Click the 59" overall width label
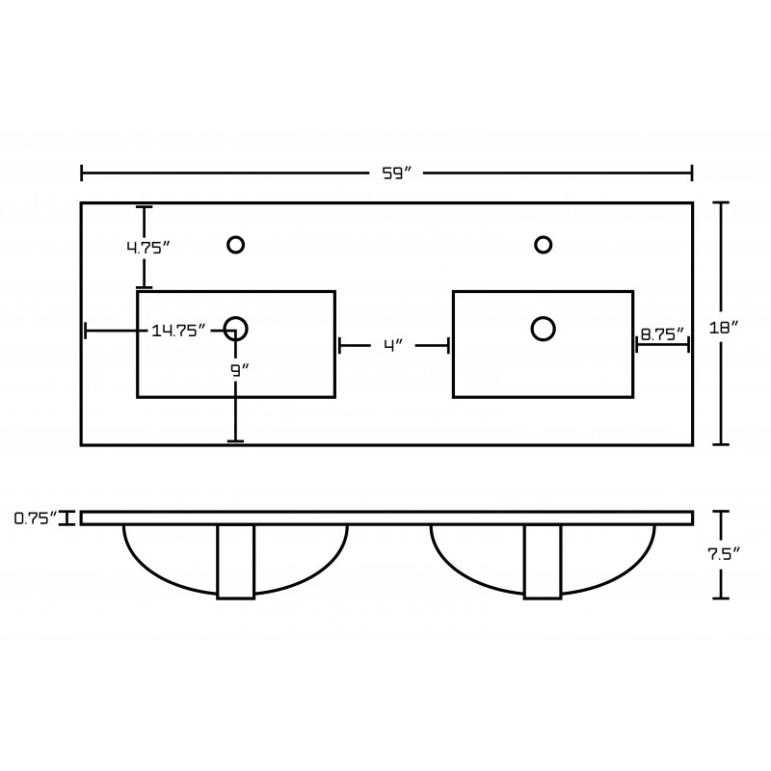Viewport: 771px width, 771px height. (x=396, y=173)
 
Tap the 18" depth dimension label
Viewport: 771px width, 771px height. (x=724, y=328)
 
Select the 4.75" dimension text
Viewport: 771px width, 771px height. (x=148, y=248)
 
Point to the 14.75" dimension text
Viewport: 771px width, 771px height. (x=177, y=331)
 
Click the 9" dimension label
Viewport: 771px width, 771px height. (x=240, y=370)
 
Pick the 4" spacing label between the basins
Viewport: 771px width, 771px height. (x=393, y=345)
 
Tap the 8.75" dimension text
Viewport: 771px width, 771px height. (x=662, y=334)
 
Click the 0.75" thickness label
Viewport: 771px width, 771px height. (x=35, y=518)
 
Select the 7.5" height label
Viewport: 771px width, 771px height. (x=724, y=554)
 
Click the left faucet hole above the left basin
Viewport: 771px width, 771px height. (x=236, y=245)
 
